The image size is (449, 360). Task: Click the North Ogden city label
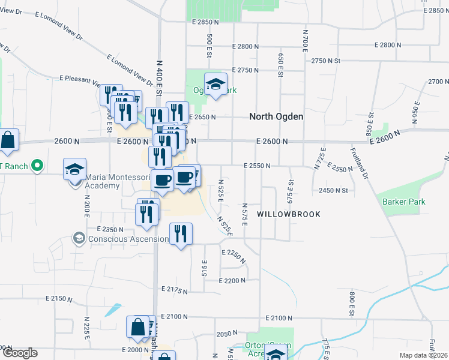pyautogui.click(x=277, y=117)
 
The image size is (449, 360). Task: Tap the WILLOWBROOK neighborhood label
pyautogui.click(x=289, y=214)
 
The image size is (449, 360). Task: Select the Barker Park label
pyautogui.click(x=404, y=202)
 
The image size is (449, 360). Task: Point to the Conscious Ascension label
pyautogui.click(x=128, y=239)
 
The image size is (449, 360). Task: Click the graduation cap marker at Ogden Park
pyautogui.click(x=215, y=85)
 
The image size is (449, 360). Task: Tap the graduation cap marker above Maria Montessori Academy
pyautogui.click(x=75, y=169)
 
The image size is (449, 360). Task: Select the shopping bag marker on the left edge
pyautogui.click(x=8, y=141)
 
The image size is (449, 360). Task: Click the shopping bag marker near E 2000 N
pyautogui.click(x=137, y=327)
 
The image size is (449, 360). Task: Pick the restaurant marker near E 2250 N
pyautogui.click(x=181, y=233)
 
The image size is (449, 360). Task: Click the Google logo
pyautogui.click(x=20, y=353)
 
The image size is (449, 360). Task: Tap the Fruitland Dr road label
pyautogui.click(x=363, y=161)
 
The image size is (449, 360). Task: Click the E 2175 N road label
pyautogui.click(x=175, y=290)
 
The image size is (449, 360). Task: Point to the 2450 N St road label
pyautogui.click(x=334, y=190)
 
